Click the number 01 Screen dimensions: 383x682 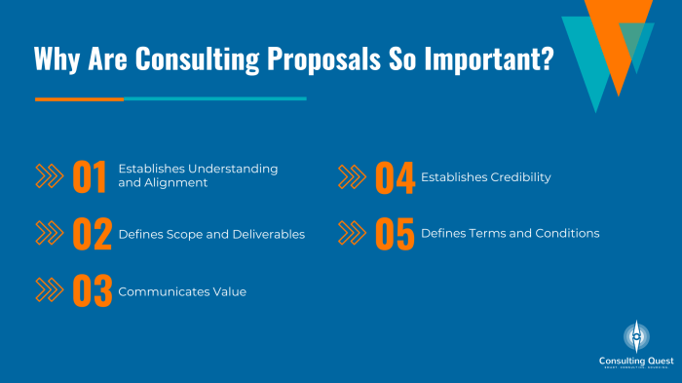pos(90,176)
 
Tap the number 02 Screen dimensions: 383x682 pos(93,234)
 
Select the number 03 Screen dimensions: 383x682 pos(93,291)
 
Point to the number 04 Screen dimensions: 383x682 pos(395,177)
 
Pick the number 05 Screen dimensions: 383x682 pos(395,235)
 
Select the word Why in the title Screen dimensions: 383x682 pos(57,59)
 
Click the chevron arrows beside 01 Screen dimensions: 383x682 pos(49,176)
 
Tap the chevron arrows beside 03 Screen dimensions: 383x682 pos(49,290)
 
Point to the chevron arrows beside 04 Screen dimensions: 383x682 pos(352,177)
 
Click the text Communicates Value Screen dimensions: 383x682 pos(182,291)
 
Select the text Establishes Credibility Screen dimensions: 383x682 pos(486,177)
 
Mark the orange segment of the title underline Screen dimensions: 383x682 pos(79,98)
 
